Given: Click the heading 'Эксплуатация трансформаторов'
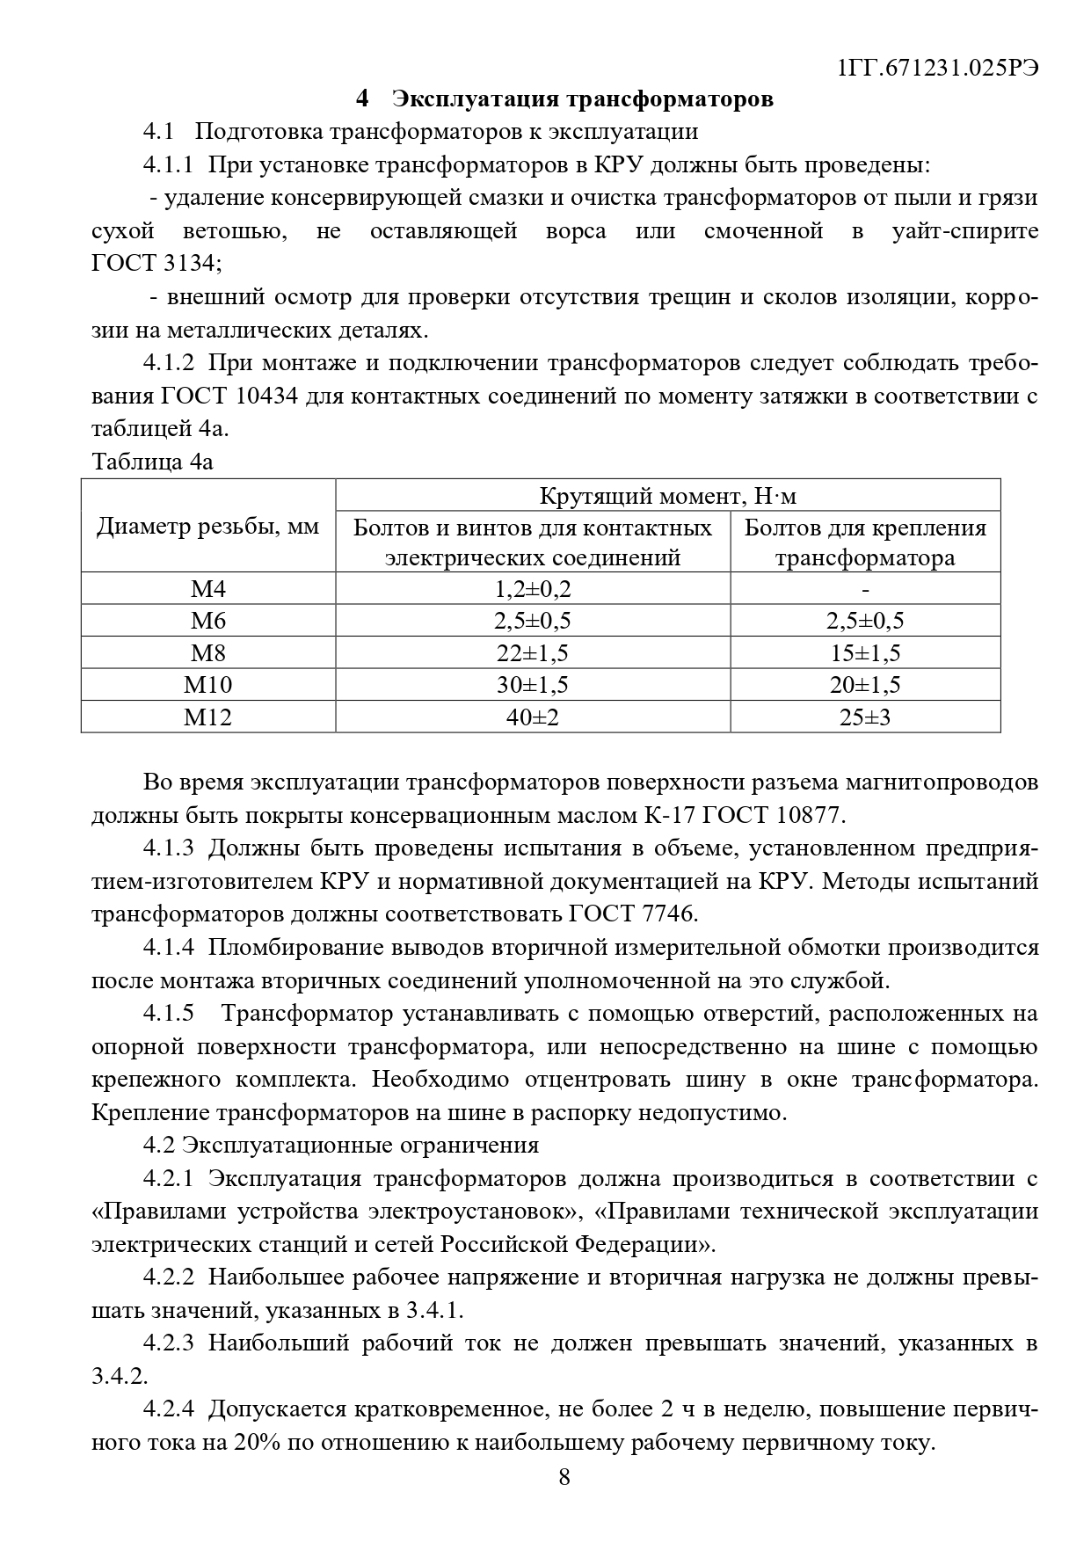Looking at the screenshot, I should (582, 98).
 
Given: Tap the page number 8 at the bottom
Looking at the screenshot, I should (564, 1476).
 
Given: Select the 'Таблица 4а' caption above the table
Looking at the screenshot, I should (152, 462).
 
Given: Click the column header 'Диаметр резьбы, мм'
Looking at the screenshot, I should (207, 527).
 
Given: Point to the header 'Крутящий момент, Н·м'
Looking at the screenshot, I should (667, 496).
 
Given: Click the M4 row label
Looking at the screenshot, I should (207, 588).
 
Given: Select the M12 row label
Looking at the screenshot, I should (207, 717).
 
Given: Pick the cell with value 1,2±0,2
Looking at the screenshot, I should (532, 588).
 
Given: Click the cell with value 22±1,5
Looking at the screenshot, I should (532, 652).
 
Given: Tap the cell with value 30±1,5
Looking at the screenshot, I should (532, 684).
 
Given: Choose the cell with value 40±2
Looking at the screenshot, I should (532, 717).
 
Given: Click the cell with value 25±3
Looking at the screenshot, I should (865, 717).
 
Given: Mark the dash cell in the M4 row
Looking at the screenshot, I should (866, 588).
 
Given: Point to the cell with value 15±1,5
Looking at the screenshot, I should (865, 652).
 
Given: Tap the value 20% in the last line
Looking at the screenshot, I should (258, 1443).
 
